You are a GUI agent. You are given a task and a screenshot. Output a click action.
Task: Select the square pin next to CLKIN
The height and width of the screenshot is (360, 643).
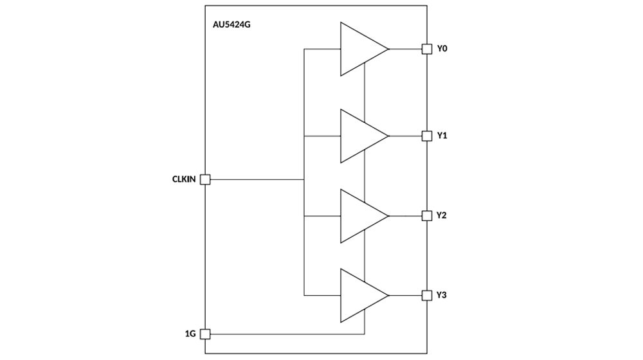pos(206,180)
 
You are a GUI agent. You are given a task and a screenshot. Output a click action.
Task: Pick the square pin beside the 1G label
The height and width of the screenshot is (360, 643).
pos(206,334)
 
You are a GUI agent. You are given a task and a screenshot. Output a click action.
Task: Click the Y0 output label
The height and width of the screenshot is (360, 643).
pos(442,49)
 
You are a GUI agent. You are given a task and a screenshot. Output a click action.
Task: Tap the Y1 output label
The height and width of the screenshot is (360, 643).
pos(442,136)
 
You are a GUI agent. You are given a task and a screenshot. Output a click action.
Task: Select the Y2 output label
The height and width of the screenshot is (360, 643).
pos(442,215)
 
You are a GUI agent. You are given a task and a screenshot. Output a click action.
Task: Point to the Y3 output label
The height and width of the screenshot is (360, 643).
pos(442,295)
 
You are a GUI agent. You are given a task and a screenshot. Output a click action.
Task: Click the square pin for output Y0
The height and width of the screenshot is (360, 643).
pos(426,49)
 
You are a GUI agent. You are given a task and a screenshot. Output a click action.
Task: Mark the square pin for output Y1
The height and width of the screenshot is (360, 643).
pos(426,136)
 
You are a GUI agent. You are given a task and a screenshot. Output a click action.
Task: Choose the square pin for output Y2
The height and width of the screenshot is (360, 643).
pos(426,215)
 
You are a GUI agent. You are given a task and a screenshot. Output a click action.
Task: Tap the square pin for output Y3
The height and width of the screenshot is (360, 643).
pos(426,295)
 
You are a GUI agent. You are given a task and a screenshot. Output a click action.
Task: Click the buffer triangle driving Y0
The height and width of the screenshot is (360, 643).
pos(360,49)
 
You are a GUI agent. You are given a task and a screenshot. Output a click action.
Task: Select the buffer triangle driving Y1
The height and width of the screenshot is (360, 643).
pos(360,136)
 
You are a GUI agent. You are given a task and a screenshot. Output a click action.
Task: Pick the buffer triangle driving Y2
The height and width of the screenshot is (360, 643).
pos(360,215)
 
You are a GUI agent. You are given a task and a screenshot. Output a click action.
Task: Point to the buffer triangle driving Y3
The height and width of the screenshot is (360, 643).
pos(360,295)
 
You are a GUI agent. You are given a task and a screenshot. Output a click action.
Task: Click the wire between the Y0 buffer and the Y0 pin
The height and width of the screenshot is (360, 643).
pos(405,49)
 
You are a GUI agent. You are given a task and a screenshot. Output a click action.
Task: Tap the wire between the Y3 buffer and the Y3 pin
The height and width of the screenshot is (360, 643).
pos(405,295)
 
